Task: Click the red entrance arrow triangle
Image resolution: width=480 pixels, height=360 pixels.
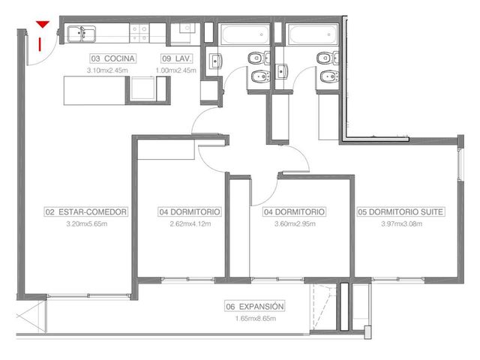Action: pos(43,24)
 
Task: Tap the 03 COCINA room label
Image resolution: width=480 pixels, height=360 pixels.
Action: pos(113,58)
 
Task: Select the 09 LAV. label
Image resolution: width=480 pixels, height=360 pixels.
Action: pos(177,58)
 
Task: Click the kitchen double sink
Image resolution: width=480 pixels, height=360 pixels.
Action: pos(82,34)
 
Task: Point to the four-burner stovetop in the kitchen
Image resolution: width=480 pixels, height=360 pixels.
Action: pos(139,33)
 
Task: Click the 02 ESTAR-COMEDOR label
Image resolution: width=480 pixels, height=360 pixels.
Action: pos(86,211)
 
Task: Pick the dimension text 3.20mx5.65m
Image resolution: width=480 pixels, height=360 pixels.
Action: pos(87,223)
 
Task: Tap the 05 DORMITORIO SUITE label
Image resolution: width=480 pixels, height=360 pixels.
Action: pos(400,211)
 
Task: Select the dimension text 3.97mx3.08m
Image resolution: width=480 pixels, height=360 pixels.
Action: pos(402,223)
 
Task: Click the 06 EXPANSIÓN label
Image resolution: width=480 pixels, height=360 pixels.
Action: pos(255,306)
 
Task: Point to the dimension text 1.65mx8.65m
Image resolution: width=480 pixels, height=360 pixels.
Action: pos(256,318)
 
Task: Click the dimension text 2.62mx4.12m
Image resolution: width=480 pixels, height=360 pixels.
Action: pos(190,223)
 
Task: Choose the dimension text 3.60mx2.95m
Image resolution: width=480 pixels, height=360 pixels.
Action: pos(295,223)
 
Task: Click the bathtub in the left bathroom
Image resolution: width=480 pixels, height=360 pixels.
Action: pos(245,34)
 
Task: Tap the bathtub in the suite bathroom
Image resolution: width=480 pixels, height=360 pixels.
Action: pos(313,34)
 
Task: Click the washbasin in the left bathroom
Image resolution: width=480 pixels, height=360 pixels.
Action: pos(215,61)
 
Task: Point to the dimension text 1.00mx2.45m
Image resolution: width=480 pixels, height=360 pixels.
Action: pos(176,70)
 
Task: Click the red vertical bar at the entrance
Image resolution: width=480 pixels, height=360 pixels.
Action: pos(40,44)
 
